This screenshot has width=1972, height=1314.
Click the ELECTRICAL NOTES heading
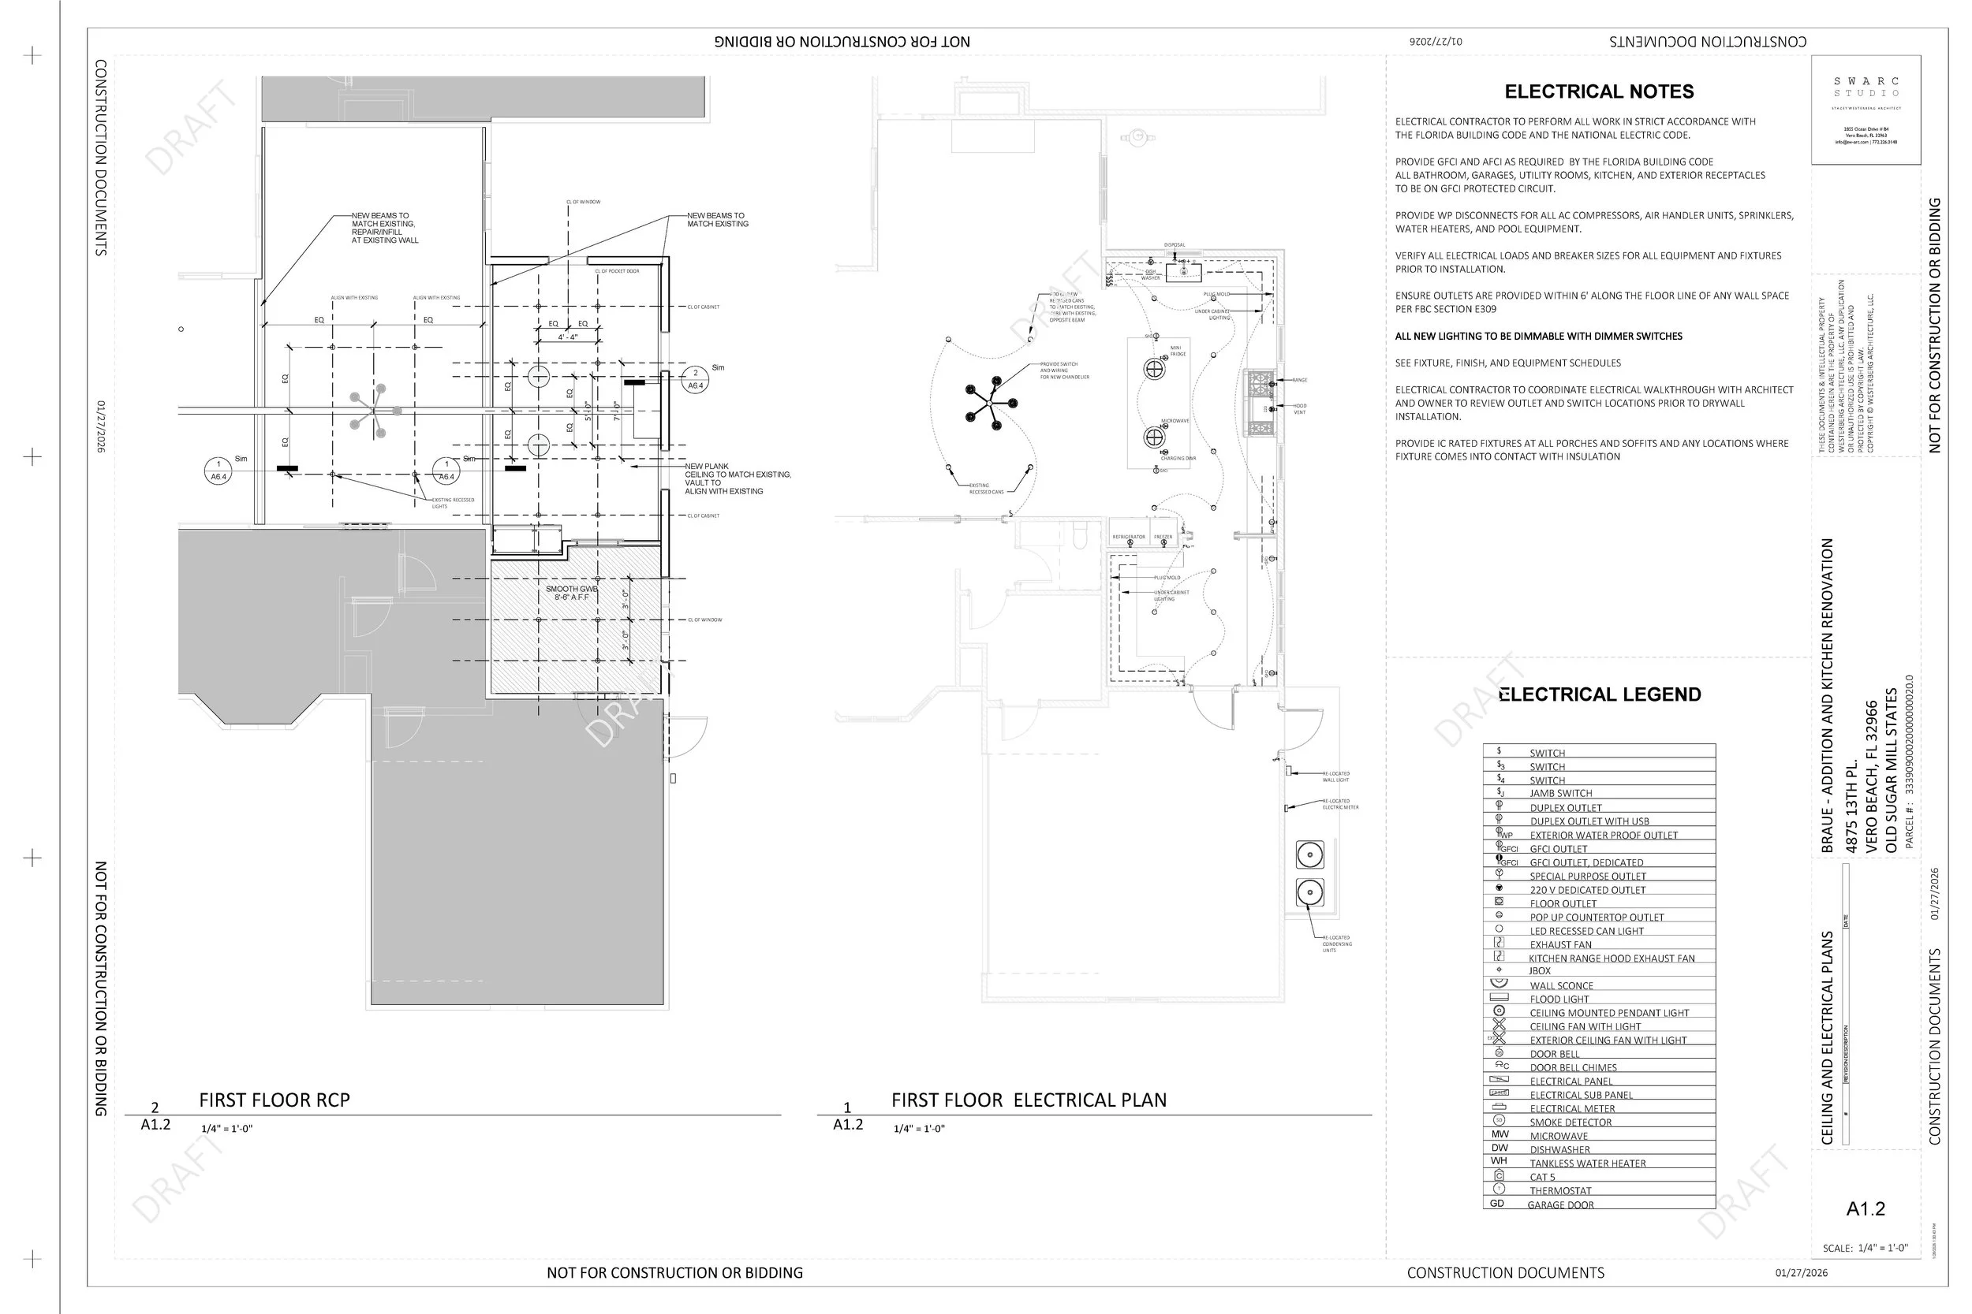click(x=1599, y=91)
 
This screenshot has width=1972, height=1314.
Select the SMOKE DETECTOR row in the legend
click(x=1570, y=1122)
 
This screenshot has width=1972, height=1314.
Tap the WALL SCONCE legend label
click(x=1560, y=985)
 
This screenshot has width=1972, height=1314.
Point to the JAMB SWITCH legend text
click(x=1560, y=793)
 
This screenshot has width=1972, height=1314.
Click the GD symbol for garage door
click(x=1496, y=1204)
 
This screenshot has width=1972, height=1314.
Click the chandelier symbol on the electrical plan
click(x=992, y=403)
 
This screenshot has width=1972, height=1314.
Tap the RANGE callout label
click(x=1300, y=381)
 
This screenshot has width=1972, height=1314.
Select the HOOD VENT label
click(x=1300, y=409)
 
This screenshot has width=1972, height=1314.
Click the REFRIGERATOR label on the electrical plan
click(x=1129, y=537)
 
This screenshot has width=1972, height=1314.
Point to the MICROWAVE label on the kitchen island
click(x=1175, y=421)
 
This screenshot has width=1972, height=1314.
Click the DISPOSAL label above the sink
click(x=1175, y=244)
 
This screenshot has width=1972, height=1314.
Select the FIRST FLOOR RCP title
click(x=275, y=1100)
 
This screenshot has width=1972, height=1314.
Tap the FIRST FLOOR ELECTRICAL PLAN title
click(x=1029, y=1100)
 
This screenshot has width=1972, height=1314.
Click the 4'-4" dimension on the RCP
click(x=568, y=337)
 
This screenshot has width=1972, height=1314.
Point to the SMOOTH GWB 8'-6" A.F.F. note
click(x=572, y=594)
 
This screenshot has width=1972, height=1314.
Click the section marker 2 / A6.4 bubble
click(x=695, y=380)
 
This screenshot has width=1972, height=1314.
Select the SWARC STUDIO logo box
click(x=1866, y=110)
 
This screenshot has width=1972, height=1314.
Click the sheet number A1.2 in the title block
click(x=1866, y=1208)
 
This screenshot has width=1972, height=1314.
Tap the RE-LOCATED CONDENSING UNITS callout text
click(x=1336, y=944)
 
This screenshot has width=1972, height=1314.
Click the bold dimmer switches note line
click(x=1538, y=336)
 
